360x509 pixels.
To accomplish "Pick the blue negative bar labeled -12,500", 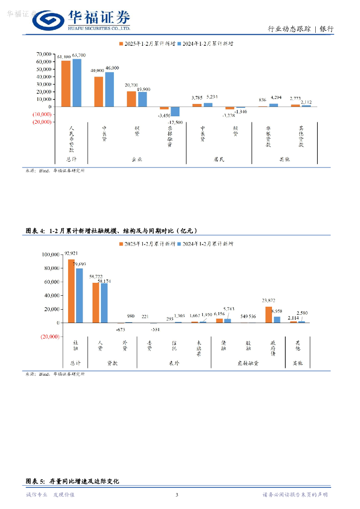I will (x=175, y=112).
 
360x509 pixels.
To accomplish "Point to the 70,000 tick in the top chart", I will (x=44, y=54).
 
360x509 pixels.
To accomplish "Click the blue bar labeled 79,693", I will (x=79, y=296).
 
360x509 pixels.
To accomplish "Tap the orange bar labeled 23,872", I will (x=269, y=315).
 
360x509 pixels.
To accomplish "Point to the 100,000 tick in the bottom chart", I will (x=50, y=254).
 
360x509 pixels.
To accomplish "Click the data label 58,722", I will (x=96, y=276).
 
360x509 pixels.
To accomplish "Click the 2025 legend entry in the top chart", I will (x=147, y=44).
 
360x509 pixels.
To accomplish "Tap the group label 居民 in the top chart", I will (x=219, y=160).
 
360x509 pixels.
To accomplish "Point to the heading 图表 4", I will (x=35, y=231).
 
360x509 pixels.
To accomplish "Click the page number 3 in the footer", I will (x=177, y=495).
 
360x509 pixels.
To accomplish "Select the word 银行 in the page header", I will (x=327, y=29).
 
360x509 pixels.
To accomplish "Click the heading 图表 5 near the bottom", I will (x=35, y=481).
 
